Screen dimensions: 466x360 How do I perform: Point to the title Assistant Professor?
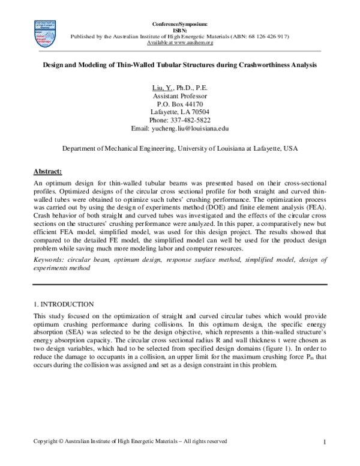click(180, 96)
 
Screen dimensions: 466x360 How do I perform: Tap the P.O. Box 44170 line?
click(180, 104)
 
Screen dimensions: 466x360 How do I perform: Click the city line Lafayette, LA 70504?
click(180, 112)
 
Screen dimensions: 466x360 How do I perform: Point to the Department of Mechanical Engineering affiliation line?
click(180, 148)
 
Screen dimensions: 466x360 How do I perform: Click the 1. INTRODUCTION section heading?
click(64, 304)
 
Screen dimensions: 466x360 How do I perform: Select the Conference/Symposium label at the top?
click(180, 23)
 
